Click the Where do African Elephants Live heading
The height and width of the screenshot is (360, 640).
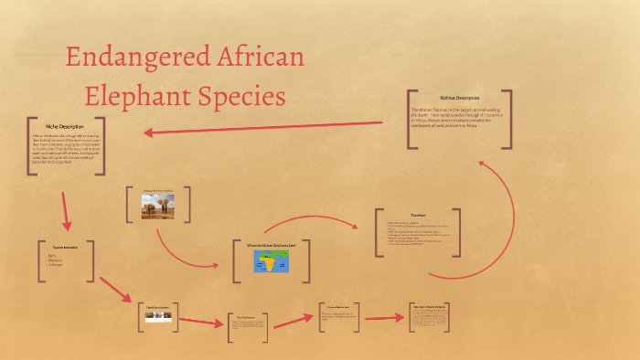tap(272, 245)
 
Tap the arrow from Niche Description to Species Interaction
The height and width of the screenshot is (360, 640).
tap(65, 211)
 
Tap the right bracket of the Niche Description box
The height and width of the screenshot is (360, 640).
tap(101, 147)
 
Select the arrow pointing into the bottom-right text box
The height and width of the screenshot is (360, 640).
tap(384, 319)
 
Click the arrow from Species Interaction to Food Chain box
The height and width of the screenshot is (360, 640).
tap(116, 291)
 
